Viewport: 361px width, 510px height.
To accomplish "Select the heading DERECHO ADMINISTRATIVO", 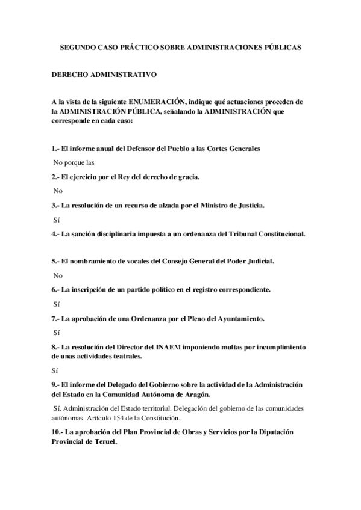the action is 104,75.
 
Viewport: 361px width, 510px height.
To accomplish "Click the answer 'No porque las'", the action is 74,162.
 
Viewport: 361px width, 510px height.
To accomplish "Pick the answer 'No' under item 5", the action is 58,275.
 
